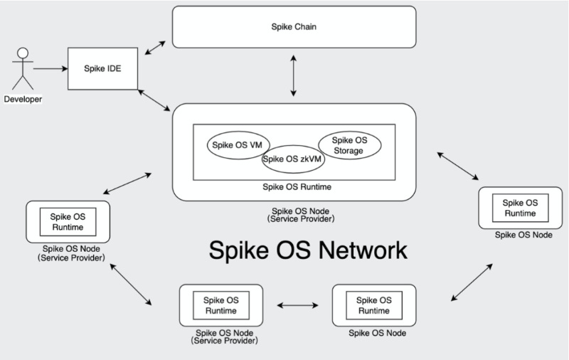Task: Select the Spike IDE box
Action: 102,68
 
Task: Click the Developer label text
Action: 23,99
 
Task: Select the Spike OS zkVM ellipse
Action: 293,159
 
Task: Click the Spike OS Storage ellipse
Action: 349,145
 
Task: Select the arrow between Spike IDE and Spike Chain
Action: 154,48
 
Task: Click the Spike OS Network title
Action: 307,250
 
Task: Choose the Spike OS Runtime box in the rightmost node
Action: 520,208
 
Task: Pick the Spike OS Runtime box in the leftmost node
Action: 68,223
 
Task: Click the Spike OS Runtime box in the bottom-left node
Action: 220,305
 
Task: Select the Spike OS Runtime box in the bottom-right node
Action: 373,305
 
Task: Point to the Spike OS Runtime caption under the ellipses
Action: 293,187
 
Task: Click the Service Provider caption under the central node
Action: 293,219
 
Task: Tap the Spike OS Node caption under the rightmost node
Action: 523,234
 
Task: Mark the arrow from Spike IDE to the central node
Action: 154,99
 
